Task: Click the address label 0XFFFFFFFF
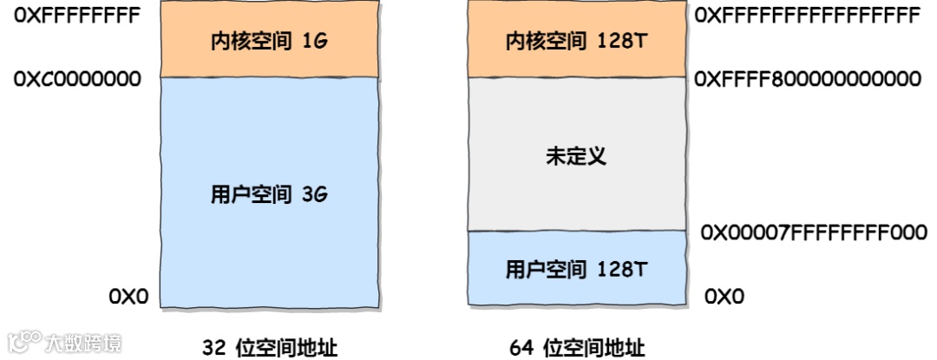click(x=76, y=16)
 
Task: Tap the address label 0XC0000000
click(x=76, y=79)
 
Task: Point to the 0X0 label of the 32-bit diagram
click(x=128, y=297)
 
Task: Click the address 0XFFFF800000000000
click(x=808, y=79)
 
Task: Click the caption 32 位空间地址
click(x=270, y=348)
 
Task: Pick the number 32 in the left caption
click(x=213, y=348)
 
